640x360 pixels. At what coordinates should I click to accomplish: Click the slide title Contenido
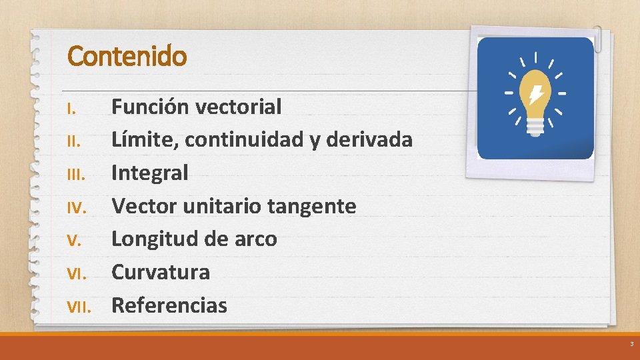pos(127,56)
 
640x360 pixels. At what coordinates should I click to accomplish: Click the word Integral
pos(149,173)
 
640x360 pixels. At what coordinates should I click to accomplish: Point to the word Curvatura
pos(160,272)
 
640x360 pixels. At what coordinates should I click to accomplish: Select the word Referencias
pos(169,305)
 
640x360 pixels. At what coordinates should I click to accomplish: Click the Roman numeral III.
pos(75,175)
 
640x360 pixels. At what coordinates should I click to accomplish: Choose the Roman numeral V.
pos(73,241)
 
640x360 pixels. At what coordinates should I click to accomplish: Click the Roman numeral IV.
pos(75,207)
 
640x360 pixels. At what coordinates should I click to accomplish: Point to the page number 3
pos(631,345)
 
